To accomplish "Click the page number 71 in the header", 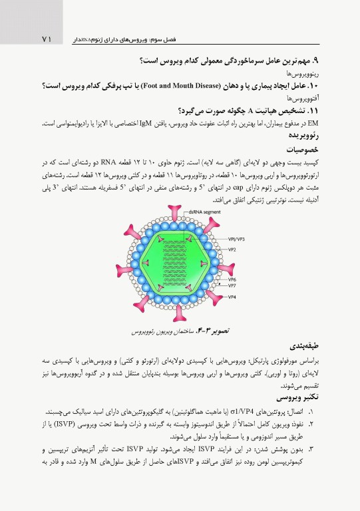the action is click(45, 41).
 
